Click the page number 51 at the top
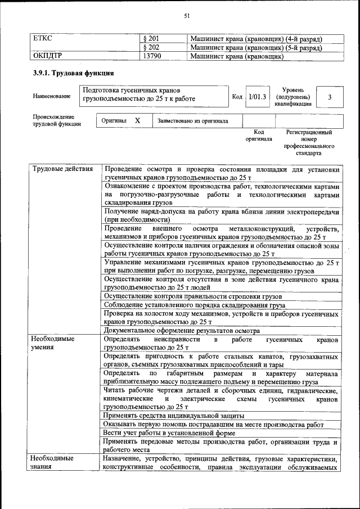186,16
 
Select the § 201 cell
151,39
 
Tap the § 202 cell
151,48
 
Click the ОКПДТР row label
48,57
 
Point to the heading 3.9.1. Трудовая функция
74,74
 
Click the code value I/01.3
257,97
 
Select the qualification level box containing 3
330,97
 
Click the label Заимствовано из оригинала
192,121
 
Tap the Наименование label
52,97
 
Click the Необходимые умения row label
53,344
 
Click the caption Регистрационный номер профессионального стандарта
309,142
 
